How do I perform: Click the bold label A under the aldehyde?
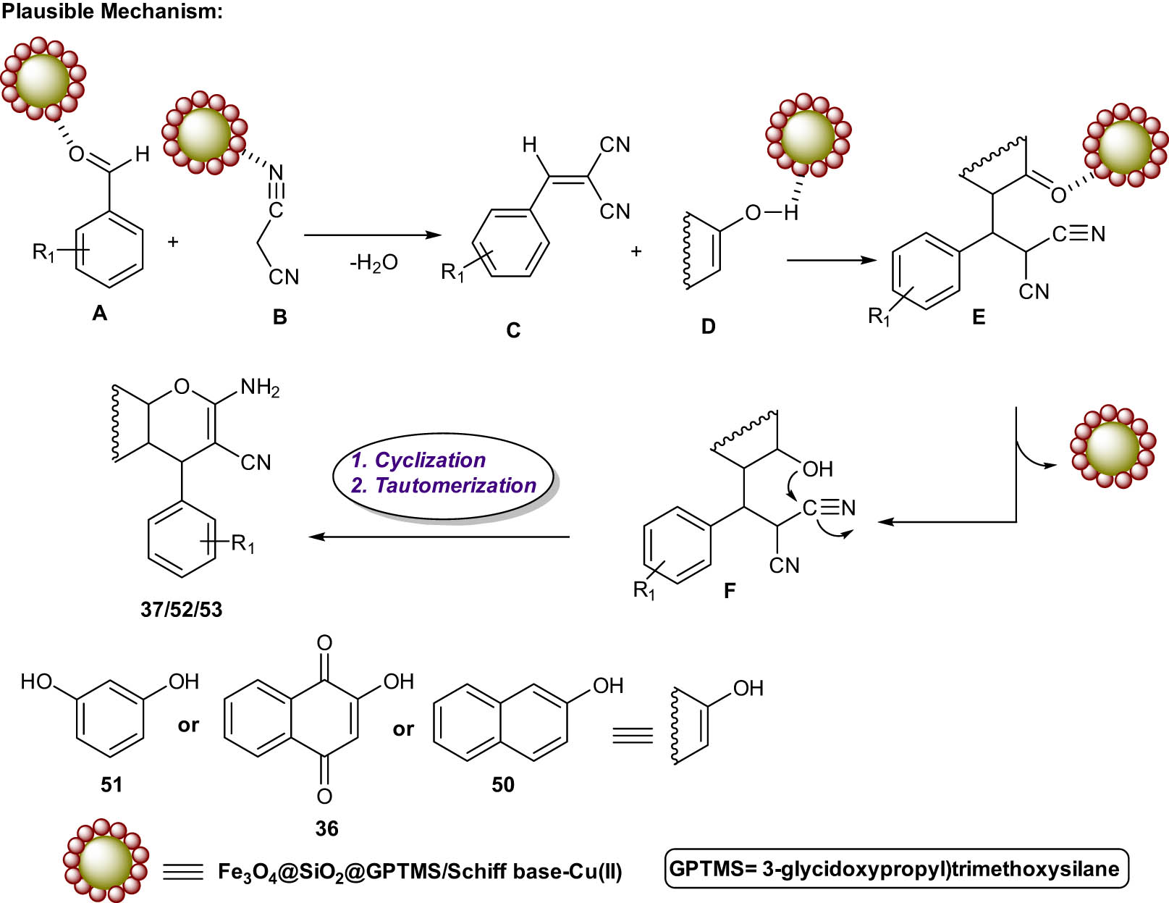pos(99,313)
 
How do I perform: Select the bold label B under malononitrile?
pos(279,316)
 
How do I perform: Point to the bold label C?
pos(513,330)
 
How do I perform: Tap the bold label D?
pos(708,327)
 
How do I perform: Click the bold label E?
pos(978,317)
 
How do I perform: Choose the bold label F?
pos(729,591)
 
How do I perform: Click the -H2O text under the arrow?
pos(374,263)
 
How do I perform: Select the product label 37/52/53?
pos(181,610)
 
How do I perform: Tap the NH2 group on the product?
pos(260,388)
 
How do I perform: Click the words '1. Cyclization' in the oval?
pos(418,461)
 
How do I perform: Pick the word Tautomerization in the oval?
pos(455,485)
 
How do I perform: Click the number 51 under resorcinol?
pos(111,784)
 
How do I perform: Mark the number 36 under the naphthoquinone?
pos(326,828)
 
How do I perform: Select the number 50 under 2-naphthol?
pos(502,784)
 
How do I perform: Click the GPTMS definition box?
pos(896,868)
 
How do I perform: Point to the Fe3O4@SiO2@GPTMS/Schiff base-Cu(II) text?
pos(420,871)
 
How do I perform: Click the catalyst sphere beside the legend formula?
pos(106,861)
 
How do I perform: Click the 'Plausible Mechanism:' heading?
pos(112,11)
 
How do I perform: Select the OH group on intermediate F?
pos(818,469)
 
